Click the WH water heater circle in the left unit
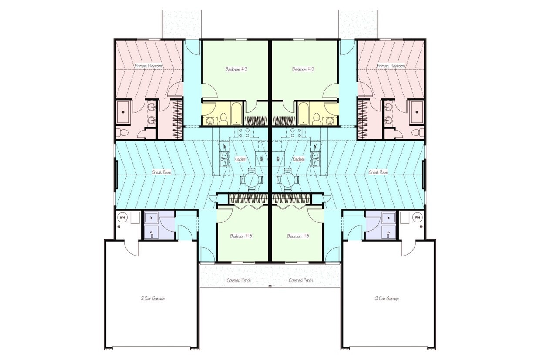click(122, 217)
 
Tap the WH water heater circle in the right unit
click(418, 217)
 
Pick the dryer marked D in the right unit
click(388, 232)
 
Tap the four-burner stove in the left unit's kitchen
click(243, 132)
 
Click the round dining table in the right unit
click(288, 179)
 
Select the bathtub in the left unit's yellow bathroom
click(236, 114)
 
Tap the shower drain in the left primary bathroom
click(123, 111)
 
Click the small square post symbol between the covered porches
click(270, 286)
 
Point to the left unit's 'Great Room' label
click(162, 172)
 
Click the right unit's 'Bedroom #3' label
click(298, 236)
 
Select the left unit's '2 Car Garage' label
click(152, 299)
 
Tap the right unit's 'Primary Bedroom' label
click(391, 66)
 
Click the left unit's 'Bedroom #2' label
click(236, 69)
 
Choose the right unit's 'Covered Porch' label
click(301, 280)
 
